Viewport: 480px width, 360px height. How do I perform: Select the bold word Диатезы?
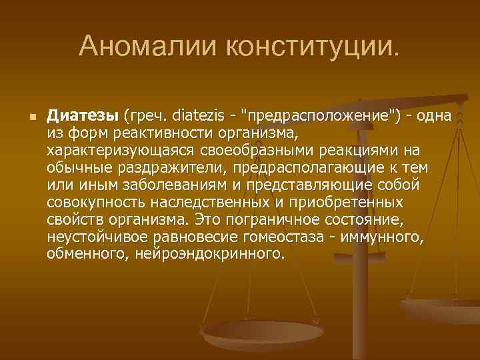tap(83, 117)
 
